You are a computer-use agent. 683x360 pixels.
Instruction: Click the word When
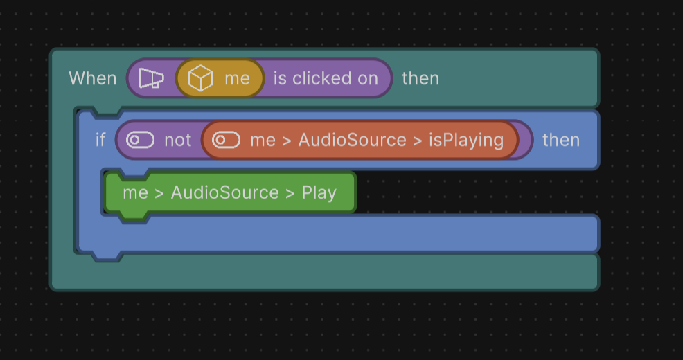[93, 78]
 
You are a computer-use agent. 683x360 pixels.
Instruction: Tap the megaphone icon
[151, 78]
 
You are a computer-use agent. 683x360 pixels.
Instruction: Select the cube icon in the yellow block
[200, 79]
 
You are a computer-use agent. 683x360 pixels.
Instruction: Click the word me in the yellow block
[237, 79]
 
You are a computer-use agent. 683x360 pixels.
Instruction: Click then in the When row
[420, 78]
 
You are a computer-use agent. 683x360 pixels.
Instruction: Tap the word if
[100, 140]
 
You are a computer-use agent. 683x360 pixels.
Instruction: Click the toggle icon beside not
[140, 140]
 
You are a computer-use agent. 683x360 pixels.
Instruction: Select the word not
[177, 140]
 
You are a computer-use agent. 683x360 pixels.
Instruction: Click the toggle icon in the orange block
[226, 140]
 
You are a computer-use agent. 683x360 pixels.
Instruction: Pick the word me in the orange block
[263, 140]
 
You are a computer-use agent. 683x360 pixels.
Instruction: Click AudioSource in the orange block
[352, 140]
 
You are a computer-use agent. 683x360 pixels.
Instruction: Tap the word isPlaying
[466, 140]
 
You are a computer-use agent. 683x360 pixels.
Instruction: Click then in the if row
[561, 140]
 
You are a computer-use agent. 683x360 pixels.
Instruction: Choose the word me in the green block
[135, 192]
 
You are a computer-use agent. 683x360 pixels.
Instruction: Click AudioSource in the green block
[224, 192]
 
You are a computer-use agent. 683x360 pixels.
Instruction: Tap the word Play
[319, 192]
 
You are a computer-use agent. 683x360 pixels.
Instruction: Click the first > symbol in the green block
[159, 192]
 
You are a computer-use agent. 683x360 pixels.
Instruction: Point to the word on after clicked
[368, 78]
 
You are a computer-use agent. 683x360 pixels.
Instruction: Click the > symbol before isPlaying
[417, 140]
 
